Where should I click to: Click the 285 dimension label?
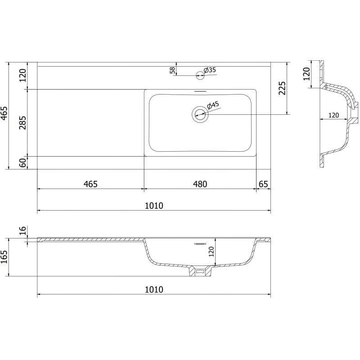coord(23,123)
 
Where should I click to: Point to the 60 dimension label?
coord(23,163)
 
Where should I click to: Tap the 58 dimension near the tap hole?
coord(172,70)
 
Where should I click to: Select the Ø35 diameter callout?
coord(210,70)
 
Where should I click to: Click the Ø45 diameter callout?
coord(213,105)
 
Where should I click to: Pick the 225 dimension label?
coord(282,88)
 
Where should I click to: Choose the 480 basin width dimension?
coord(200,184)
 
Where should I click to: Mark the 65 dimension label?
coord(263,184)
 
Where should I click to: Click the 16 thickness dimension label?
coord(23,230)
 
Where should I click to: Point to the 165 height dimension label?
coord(4,257)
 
